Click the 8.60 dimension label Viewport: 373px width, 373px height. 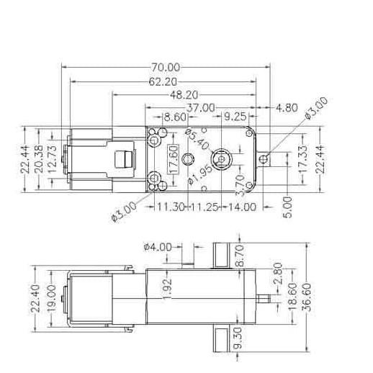176,117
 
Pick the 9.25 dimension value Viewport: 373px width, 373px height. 236,117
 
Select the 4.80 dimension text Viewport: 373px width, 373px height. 287,108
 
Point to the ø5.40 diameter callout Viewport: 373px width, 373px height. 197,139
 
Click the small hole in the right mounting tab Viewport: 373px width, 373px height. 266,158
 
